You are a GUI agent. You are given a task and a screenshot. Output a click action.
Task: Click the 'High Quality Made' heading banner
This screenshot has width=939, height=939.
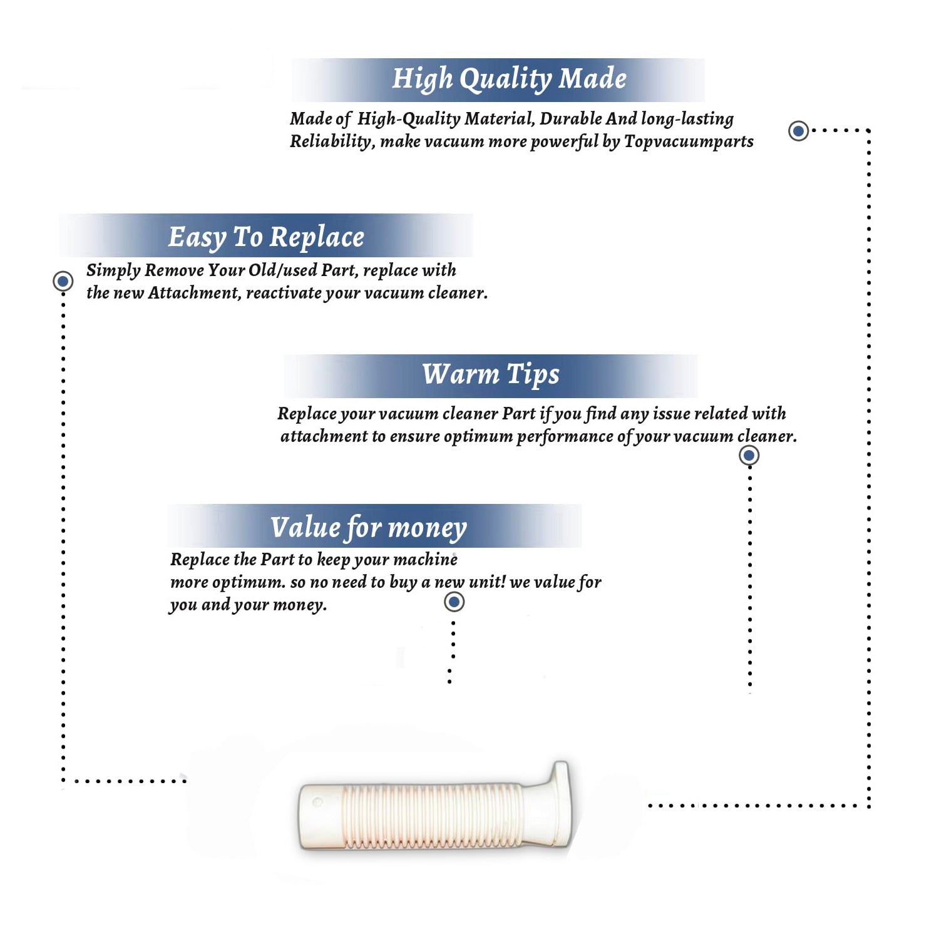pyautogui.click(x=498, y=80)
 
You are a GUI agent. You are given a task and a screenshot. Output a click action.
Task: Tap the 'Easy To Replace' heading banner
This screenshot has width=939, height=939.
pyautogui.click(x=266, y=235)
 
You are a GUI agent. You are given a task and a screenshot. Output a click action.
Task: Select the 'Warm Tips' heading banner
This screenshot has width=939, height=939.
pyautogui.click(x=491, y=376)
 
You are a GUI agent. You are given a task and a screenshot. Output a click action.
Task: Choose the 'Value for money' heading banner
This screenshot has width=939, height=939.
pyautogui.click(x=374, y=526)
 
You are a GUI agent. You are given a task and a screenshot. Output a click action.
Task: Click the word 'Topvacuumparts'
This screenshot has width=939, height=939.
pyautogui.click(x=689, y=142)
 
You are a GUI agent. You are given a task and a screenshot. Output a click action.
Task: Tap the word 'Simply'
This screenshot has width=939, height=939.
pyautogui.click(x=113, y=271)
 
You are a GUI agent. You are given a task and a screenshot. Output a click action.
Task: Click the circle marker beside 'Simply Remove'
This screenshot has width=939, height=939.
pyautogui.click(x=63, y=281)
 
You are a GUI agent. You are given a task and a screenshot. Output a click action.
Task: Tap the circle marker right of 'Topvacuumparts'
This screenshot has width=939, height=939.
pyautogui.click(x=798, y=131)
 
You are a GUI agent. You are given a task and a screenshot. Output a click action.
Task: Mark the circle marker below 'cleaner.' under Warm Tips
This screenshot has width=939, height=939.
pyautogui.click(x=749, y=455)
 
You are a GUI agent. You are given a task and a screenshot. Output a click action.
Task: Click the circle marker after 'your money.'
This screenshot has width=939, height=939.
pyautogui.click(x=454, y=602)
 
